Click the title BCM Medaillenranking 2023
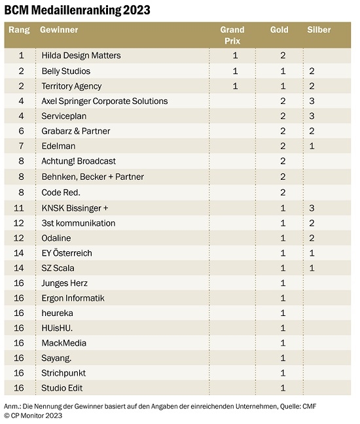point(77,10)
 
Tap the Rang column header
point(19,29)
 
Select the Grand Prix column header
point(232,35)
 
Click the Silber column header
point(319,29)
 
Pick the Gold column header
point(279,29)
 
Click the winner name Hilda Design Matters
point(81,56)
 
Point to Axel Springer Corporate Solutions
point(105,101)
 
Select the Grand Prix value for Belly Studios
point(236,71)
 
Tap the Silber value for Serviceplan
point(312,116)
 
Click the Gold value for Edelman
point(283,146)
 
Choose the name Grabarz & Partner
point(76,131)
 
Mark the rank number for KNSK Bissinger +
point(19,208)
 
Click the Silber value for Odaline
point(312,238)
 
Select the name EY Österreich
point(67,253)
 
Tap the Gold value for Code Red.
point(283,192)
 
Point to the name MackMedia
point(64,343)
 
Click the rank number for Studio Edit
point(19,388)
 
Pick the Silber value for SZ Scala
point(312,268)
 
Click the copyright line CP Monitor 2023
point(33,415)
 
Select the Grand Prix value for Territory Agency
point(236,86)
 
